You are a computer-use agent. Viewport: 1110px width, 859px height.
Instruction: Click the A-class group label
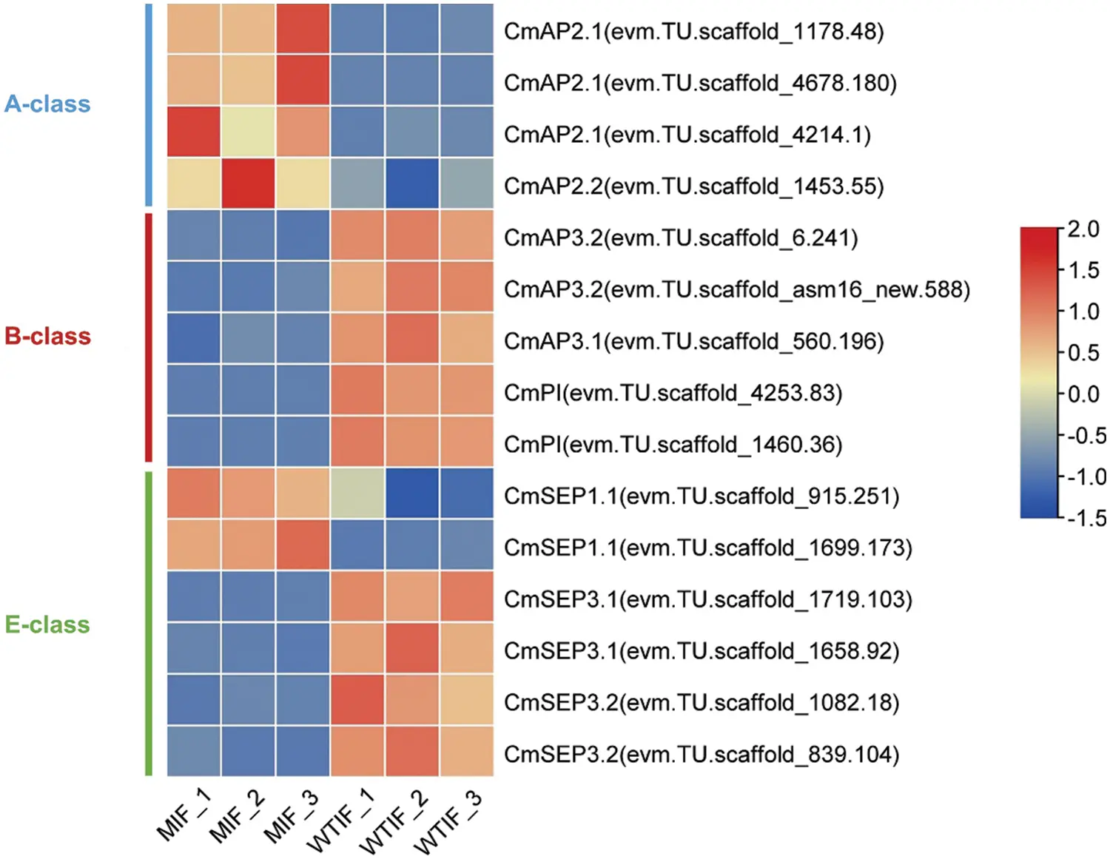47,104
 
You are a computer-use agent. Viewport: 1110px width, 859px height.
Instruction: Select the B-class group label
47,336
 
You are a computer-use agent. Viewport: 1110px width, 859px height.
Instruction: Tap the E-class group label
47,624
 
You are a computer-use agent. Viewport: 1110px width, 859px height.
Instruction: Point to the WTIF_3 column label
447,822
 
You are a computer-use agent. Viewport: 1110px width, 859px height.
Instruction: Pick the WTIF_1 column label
340,821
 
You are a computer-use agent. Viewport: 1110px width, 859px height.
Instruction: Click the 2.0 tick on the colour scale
1083,229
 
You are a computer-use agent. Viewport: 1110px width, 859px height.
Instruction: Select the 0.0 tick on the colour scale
1083,394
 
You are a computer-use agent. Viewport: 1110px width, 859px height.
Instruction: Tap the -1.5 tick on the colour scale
1086,518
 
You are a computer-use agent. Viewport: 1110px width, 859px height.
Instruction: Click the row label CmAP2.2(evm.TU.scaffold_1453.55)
693,186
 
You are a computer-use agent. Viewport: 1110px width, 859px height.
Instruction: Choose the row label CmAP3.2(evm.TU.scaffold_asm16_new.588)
736,289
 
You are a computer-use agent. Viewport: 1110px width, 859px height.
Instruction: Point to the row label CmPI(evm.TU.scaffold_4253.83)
673,392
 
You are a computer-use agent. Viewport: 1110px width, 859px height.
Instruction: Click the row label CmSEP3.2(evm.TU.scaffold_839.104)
701,754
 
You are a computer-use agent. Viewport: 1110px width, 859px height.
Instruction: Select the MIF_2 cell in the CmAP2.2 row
248,183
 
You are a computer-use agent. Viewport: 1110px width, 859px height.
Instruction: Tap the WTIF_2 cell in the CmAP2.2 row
412,183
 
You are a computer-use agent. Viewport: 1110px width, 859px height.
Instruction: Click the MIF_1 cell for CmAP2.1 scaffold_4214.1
193,132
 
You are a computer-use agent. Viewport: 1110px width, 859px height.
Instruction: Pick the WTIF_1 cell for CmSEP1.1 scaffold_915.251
357,493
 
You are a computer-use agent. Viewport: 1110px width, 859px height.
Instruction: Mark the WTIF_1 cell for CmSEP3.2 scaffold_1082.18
357,700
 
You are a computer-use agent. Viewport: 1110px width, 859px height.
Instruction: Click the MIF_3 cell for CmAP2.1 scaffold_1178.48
303,29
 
